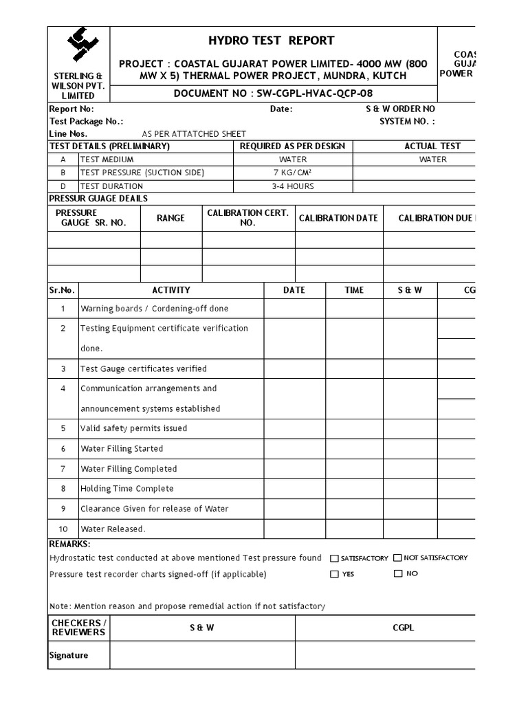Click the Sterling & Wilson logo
click(x=78, y=47)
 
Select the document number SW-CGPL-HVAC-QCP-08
click(x=274, y=94)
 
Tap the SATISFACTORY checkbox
click(x=334, y=559)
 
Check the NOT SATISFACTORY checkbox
click(x=398, y=558)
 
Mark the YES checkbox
click(x=334, y=574)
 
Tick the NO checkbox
click(x=398, y=573)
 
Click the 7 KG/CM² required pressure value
click(x=294, y=173)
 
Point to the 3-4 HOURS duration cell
click(x=294, y=186)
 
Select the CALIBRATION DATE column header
click(x=338, y=218)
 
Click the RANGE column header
click(x=170, y=218)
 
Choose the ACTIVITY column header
click(x=171, y=290)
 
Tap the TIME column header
click(x=354, y=290)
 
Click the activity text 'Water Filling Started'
click(x=122, y=449)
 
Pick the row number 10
click(x=63, y=529)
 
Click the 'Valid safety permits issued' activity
click(x=133, y=428)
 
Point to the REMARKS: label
click(x=69, y=544)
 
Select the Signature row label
click(x=69, y=655)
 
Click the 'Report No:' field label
click(x=71, y=109)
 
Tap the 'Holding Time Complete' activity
click(x=126, y=489)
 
